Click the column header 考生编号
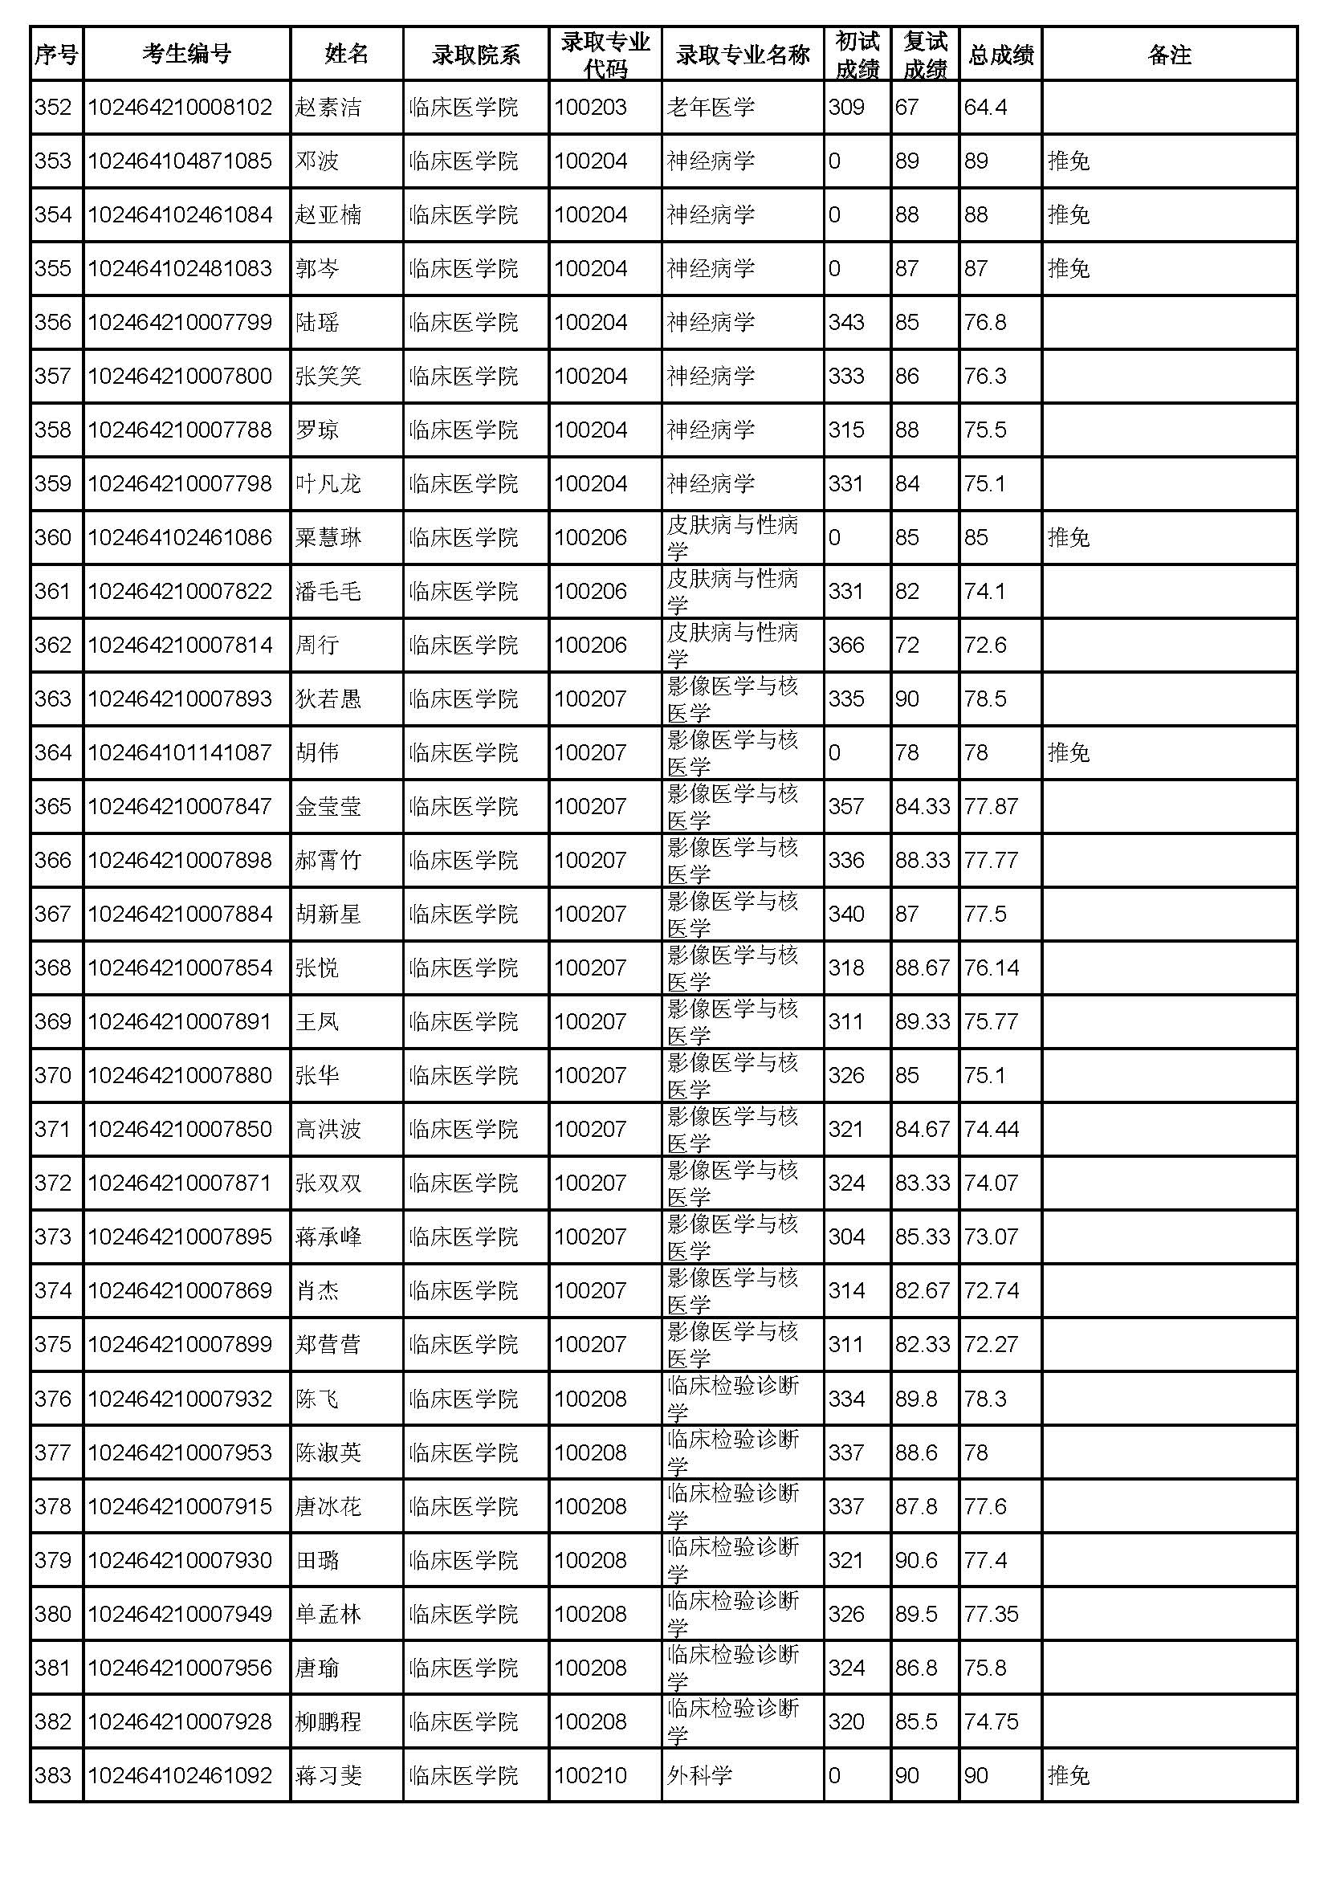(186, 54)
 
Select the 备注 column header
(1168, 54)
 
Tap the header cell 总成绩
(1000, 54)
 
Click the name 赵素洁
(328, 107)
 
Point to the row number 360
(53, 537)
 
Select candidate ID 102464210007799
(180, 322)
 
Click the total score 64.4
(985, 107)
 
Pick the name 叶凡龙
(328, 483)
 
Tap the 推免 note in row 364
(1069, 752)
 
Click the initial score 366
(845, 646)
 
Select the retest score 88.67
(923, 968)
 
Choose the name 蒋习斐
(328, 1776)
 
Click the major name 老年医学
(711, 107)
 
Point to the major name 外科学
(699, 1776)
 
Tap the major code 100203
(590, 107)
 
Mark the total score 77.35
(991, 1614)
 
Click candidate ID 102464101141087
(180, 752)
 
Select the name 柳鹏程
(328, 1721)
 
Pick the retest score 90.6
(916, 1561)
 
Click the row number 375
(53, 1345)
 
